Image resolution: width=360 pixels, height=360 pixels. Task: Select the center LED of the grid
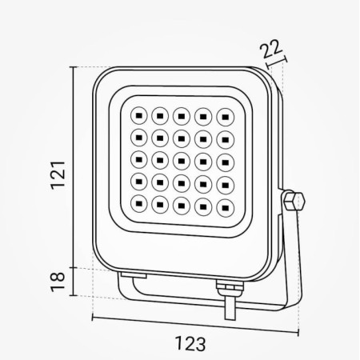point(181,159)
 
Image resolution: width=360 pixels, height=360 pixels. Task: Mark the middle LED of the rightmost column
point(223,159)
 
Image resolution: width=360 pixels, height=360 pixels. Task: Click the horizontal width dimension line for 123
point(192,325)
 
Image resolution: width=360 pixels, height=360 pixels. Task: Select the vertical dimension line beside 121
point(75,168)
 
